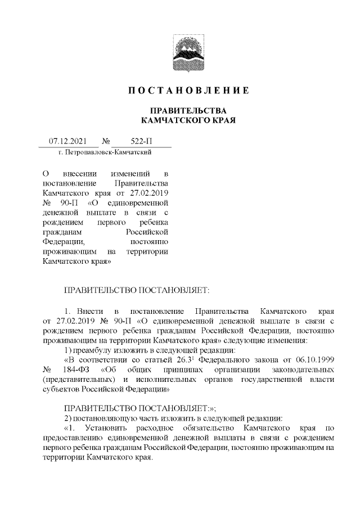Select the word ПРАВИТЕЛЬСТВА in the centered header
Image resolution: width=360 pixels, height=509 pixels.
click(187, 110)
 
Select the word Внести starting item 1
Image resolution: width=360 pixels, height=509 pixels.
click(89, 310)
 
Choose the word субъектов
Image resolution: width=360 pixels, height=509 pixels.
click(61, 391)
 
